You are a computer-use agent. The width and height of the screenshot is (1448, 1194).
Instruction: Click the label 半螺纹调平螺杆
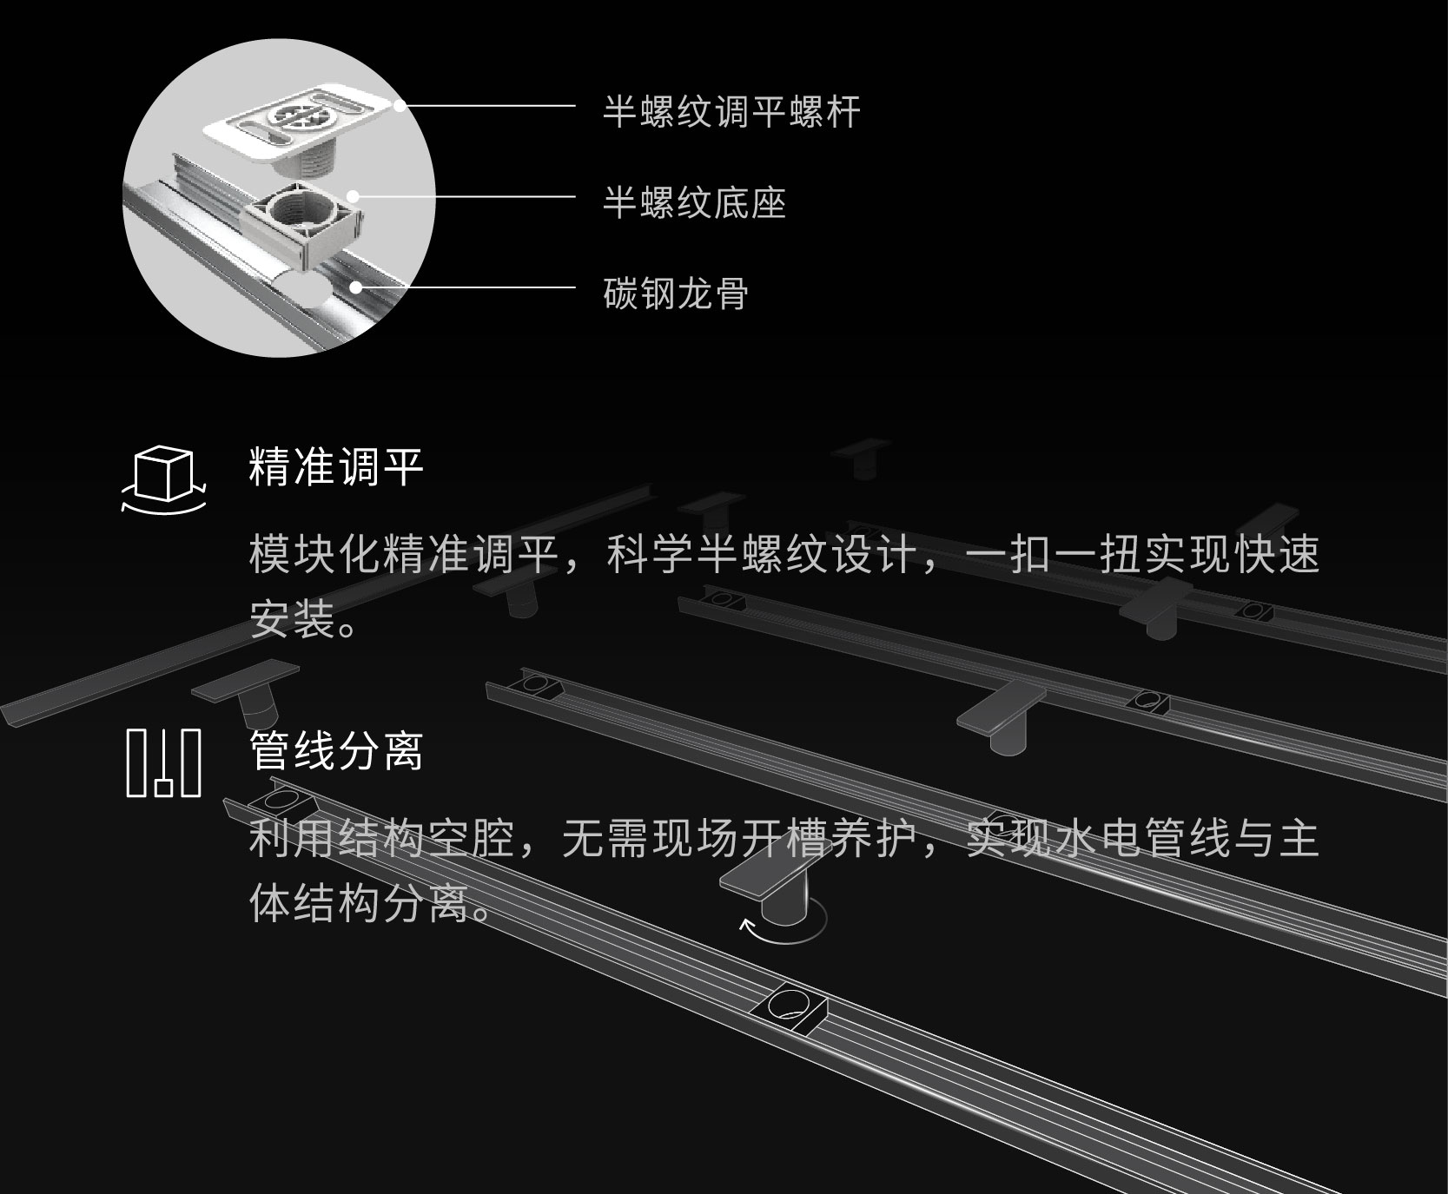coord(731,113)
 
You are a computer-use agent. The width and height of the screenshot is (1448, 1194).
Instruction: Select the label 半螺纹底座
coord(694,204)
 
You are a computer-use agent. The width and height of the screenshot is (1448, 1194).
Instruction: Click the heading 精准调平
coord(336,467)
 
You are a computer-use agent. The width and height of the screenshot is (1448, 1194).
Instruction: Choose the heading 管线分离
coord(336,751)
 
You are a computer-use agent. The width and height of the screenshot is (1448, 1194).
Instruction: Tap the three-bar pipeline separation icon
coord(163,762)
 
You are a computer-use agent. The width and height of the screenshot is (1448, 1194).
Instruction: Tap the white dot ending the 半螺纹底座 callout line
coord(354,196)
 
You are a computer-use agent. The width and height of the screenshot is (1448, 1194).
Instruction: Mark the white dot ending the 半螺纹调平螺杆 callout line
coord(399,106)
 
